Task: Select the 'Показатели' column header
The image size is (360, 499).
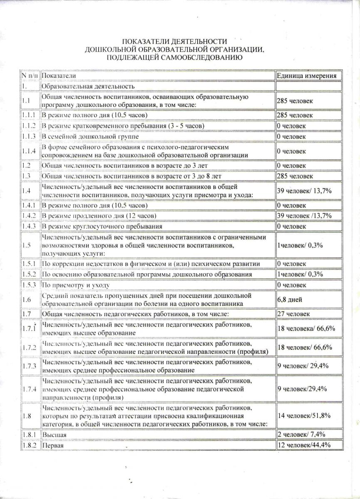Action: pyautogui.click(x=59, y=76)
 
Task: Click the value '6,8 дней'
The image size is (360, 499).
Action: pyautogui.click(x=290, y=299)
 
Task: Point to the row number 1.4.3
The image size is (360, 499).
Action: pyautogui.click(x=29, y=227)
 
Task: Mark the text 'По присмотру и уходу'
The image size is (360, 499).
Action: pyautogui.click(x=76, y=285)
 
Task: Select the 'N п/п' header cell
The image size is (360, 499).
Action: pyautogui.click(x=30, y=76)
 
